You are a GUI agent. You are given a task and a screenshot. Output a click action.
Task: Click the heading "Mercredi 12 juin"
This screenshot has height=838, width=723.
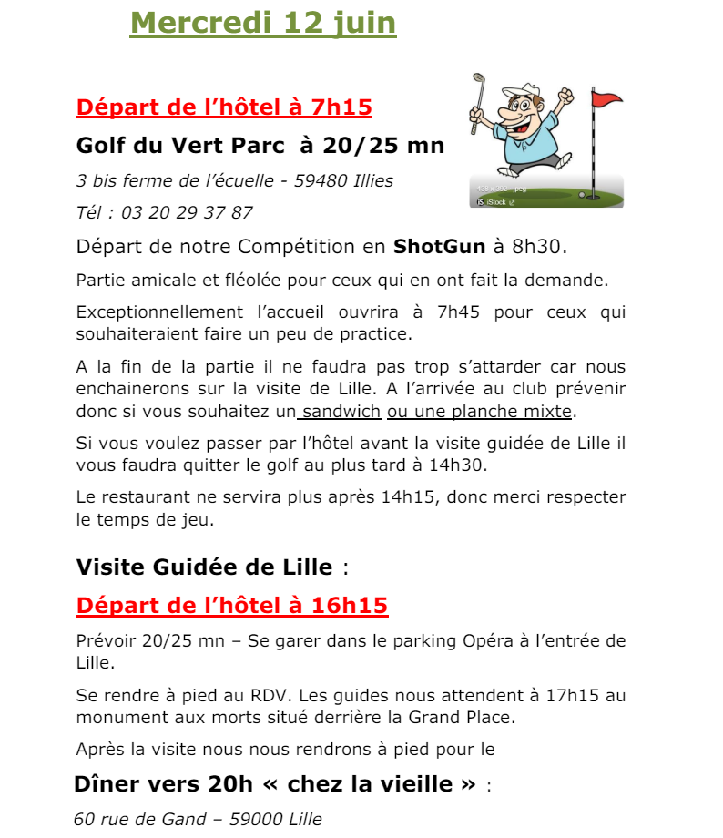click(x=263, y=22)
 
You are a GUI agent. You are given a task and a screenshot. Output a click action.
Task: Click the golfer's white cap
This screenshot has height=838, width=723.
click(x=513, y=90)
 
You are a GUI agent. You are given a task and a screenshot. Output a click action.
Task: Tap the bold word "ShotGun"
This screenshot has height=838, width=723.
click(x=440, y=246)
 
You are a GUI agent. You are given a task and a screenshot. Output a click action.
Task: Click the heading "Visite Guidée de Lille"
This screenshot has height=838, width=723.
click(x=205, y=567)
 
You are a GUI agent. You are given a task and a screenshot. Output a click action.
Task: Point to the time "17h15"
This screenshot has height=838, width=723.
click(x=576, y=697)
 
